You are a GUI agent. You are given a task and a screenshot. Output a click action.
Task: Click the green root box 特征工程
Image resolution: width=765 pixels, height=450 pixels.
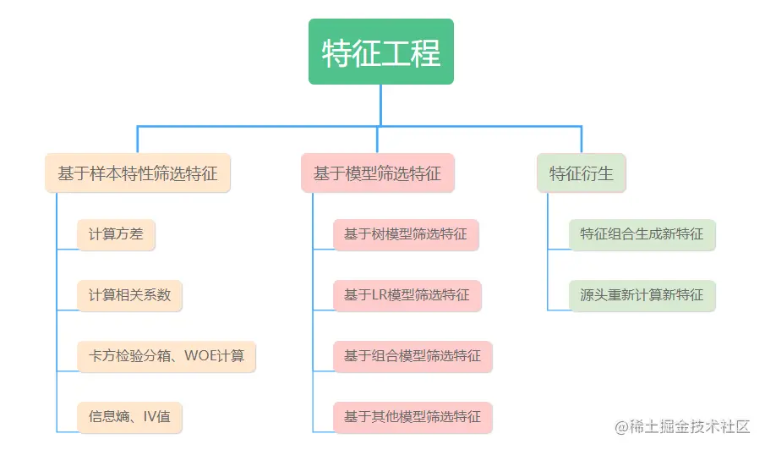click(x=381, y=52)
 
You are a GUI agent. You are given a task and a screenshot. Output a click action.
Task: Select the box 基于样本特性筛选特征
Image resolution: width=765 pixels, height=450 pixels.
click(x=138, y=173)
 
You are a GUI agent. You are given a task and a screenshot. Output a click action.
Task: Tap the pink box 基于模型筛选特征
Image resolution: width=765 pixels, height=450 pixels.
click(x=377, y=173)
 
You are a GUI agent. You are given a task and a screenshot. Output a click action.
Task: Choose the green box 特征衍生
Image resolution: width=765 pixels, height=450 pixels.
click(x=581, y=173)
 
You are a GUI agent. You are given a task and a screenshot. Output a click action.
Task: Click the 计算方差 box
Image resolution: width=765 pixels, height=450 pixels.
click(x=117, y=234)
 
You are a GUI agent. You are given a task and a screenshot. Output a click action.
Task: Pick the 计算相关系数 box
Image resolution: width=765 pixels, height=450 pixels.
click(x=129, y=295)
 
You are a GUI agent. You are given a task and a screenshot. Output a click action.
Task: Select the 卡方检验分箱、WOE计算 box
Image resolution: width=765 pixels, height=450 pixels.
click(x=167, y=356)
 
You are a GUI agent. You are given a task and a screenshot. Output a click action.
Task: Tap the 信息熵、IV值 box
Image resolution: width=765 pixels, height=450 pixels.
click(x=129, y=416)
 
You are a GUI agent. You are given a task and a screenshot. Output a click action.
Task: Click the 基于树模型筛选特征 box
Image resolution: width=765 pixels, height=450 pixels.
click(x=406, y=234)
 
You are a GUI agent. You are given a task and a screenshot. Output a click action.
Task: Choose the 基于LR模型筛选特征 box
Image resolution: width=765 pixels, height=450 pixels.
click(x=407, y=295)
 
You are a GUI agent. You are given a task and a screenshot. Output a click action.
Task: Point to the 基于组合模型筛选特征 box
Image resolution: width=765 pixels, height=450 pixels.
click(x=413, y=356)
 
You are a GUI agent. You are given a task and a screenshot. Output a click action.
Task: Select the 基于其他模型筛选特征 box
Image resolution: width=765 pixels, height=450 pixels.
click(x=413, y=416)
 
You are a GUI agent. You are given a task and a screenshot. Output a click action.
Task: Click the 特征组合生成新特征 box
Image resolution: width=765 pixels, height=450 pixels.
click(x=642, y=234)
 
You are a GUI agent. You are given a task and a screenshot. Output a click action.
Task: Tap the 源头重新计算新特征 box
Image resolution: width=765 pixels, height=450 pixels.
click(x=642, y=295)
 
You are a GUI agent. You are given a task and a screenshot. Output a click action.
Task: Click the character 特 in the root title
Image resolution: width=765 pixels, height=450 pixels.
click(x=337, y=53)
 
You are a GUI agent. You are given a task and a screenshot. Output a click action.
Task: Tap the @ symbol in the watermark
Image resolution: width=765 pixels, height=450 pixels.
click(x=621, y=426)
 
